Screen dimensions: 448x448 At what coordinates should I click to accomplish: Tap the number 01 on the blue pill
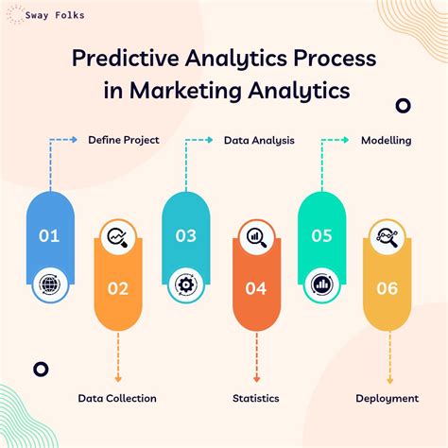pyautogui.click(x=49, y=235)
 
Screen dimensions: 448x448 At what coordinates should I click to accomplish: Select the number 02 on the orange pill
pyautogui.click(x=118, y=288)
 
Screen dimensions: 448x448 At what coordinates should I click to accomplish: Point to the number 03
pyautogui.click(x=186, y=235)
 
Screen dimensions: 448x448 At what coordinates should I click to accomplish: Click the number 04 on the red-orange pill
pyautogui.click(x=255, y=288)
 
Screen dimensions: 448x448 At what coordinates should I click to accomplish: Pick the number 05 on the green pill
pyautogui.click(x=322, y=235)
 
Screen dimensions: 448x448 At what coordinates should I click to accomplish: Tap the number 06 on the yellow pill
pyautogui.click(x=388, y=288)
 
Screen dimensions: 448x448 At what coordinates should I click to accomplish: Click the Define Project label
pyautogui.click(x=124, y=140)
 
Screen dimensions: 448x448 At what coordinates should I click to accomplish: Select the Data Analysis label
pyautogui.click(x=259, y=140)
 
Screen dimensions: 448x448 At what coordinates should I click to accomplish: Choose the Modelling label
pyautogui.click(x=386, y=140)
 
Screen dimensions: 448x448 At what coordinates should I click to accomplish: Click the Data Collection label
pyautogui.click(x=117, y=398)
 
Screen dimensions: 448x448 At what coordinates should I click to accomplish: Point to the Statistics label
pyautogui.click(x=255, y=398)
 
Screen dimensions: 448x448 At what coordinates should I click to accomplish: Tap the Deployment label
pyautogui.click(x=388, y=398)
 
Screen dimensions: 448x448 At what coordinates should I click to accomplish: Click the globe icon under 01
pyautogui.click(x=49, y=283)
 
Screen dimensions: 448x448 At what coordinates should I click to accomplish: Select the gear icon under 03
pyautogui.click(x=186, y=283)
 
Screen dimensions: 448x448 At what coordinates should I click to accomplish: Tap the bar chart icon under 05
pyautogui.click(x=322, y=283)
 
